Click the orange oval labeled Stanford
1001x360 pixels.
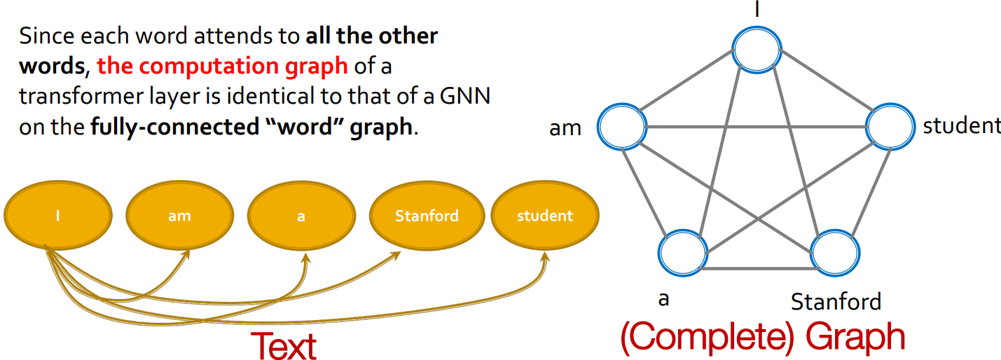pos(427,215)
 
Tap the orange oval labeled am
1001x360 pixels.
pos(179,215)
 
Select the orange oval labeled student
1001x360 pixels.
pos(544,215)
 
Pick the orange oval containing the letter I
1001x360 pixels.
pos(58,215)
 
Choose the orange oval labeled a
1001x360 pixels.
pos(301,215)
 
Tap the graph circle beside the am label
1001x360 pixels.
pos(621,127)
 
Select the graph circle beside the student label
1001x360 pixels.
pos(890,127)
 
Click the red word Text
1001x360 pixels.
pos(283,345)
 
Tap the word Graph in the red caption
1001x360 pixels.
pos(855,337)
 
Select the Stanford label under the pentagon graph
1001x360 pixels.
pos(836,302)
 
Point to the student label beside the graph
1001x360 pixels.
pos(962,126)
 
